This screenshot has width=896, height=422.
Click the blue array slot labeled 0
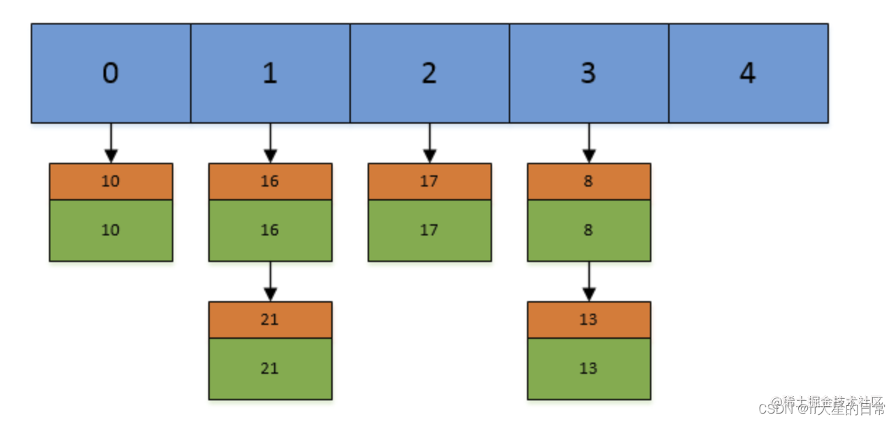click(x=110, y=73)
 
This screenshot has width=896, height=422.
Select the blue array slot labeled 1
click(x=270, y=73)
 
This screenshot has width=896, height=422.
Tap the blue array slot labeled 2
click(x=429, y=73)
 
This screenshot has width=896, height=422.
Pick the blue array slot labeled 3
click(x=588, y=73)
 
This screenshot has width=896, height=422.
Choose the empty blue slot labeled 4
click(x=748, y=73)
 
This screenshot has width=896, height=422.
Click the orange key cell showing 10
click(x=110, y=182)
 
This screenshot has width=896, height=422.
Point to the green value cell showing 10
click(x=110, y=231)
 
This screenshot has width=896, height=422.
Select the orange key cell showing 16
click(x=270, y=182)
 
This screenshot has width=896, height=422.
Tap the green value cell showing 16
click(x=270, y=231)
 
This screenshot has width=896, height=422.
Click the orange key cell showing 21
click(x=270, y=320)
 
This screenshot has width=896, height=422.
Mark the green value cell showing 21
click(x=270, y=368)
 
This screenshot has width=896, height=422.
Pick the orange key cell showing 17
click(x=429, y=182)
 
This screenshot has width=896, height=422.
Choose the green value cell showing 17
click(x=429, y=231)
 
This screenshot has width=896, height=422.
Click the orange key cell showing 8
click(x=588, y=182)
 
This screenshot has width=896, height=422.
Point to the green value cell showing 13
click(x=588, y=368)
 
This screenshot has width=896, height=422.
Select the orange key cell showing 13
click(x=588, y=320)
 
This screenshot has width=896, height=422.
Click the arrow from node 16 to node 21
click(x=270, y=282)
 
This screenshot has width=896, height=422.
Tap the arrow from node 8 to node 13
click(x=589, y=282)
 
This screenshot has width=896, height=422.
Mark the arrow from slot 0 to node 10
click(x=110, y=143)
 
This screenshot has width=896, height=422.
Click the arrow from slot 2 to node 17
click(x=430, y=143)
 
